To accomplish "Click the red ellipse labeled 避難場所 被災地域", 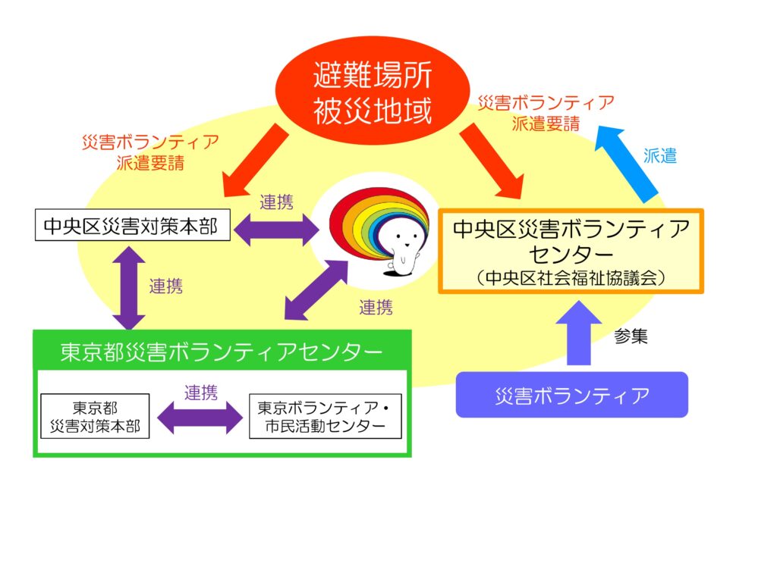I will click(x=373, y=92).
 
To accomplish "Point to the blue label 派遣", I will click(x=659, y=156).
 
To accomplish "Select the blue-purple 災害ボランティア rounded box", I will click(x=571, y=395).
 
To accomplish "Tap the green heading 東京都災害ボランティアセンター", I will click(x=222, y=352).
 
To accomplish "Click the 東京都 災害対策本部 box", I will click(x=95, y=416).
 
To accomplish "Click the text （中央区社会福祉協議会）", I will click(x=572, y=278).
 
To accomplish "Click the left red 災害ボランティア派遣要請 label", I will click(x=150, y=152).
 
